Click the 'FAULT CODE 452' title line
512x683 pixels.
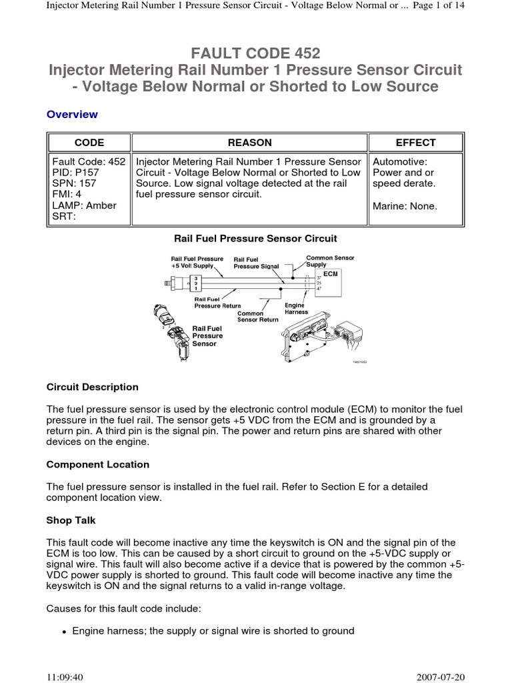(255, 53)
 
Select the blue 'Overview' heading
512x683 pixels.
(72, 114)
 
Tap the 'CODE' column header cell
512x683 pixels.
(89, 142)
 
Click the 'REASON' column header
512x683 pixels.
(250, 142)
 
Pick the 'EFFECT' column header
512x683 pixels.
(415, 142)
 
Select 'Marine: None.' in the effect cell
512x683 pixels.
(405, 206)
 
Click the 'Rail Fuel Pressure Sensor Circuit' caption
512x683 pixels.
(255, 238)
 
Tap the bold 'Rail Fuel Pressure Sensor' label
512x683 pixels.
(207, 336)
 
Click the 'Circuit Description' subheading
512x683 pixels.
(93, 387)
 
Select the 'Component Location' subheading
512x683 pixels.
(98, 464)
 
